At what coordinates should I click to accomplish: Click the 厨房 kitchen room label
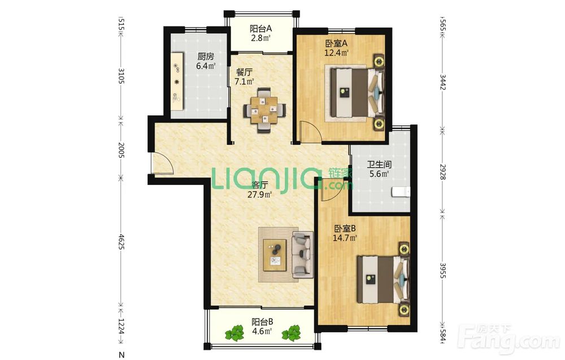click(206, 61)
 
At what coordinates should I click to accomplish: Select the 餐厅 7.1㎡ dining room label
click(244, 77)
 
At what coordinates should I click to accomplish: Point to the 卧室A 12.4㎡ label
click(337, 48)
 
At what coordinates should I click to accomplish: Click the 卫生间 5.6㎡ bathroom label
click(379, 170)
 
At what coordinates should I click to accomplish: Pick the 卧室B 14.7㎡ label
click(345, 233)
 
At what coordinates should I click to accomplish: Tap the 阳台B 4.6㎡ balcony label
click(262, 326)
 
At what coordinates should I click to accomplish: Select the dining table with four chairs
click(265, 110)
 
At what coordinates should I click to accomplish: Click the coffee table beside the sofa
click(275, 255)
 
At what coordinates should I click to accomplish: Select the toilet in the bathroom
click(401, 192)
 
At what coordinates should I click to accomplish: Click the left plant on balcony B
click(234, 333)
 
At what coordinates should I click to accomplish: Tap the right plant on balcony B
click(291, 333)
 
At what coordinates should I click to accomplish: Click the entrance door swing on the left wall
click(162, 163)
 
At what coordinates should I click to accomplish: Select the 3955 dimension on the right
click(443, 270)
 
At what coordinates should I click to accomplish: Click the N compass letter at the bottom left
click(122, 355)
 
